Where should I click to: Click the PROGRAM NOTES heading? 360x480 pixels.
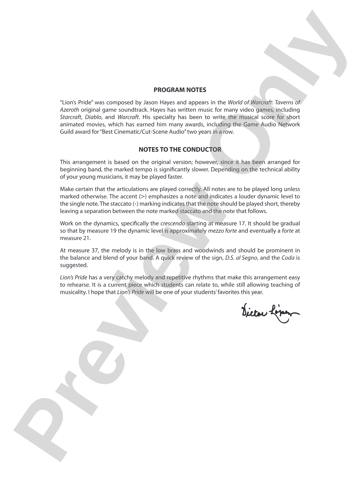pyautogui.click(x=180, y=90)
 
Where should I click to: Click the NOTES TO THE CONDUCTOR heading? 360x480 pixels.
pyautogui.click(x=180, y=150)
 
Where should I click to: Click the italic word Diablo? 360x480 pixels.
pyautogui.click(x=93, y=117)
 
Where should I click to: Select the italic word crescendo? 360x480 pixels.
pyautogui.click(x=172, y=224)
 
